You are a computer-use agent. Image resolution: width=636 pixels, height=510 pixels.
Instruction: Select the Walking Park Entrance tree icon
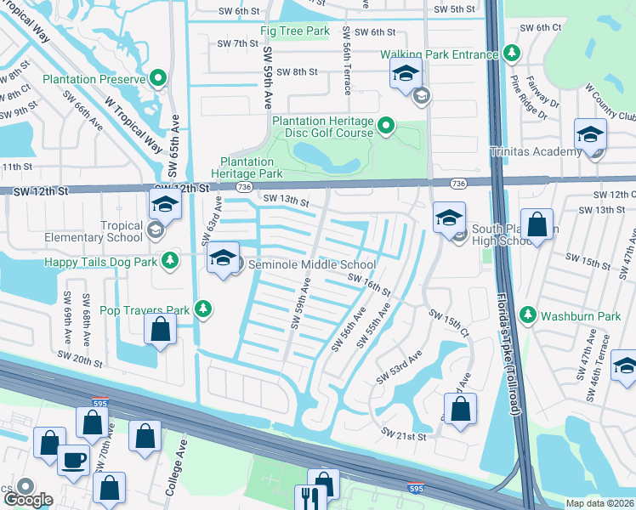click(512, 54)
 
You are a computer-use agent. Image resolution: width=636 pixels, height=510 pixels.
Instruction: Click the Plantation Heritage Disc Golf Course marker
click(386, 127)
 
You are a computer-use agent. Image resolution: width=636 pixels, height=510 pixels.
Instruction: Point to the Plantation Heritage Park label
click(251, 167)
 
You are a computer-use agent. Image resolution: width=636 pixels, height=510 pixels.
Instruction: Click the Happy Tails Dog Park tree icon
click(170, 258)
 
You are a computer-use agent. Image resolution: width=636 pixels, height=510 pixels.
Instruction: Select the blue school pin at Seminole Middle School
click(223, 259)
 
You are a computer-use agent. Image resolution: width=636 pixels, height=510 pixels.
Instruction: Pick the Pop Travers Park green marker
click(203, 309)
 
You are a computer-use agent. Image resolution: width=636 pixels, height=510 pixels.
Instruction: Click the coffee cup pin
click(73, 460)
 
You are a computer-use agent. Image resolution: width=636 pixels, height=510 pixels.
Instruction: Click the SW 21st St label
click(403, 434)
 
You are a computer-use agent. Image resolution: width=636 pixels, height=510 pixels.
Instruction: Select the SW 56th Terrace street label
click(347, 60)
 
